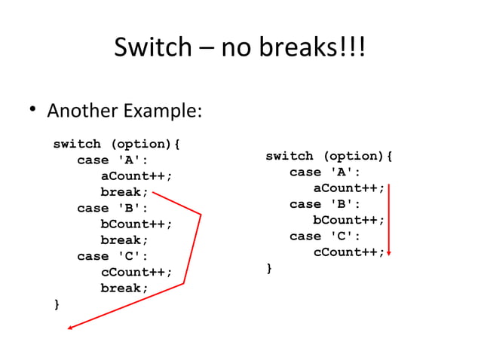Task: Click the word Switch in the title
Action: (x=153, y=47)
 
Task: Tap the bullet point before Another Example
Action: (x=32, y=111)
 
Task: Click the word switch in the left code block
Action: (x=76, y=144)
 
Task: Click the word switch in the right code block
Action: (x=289, y=156)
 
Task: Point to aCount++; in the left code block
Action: (x=136, y=176)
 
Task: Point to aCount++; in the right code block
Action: (x=349, y=188)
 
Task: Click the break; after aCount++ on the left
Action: (x=124, y=192)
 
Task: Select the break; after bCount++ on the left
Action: (x=124, y=240)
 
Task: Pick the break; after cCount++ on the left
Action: (x=124, y=288)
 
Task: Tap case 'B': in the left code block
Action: (x=112, y=208)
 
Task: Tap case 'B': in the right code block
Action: (x=325, y=204)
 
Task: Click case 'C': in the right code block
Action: (x=325, y=236)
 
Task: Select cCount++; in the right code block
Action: (x=349, y=252)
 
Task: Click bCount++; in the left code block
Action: (x=136, y=224)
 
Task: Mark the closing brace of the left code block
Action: (x=56, y=304)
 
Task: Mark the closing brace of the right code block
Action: (x=269, y=268)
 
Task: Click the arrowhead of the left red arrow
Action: (x=70, y=328)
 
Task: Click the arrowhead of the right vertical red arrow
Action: (x=389, y=254)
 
